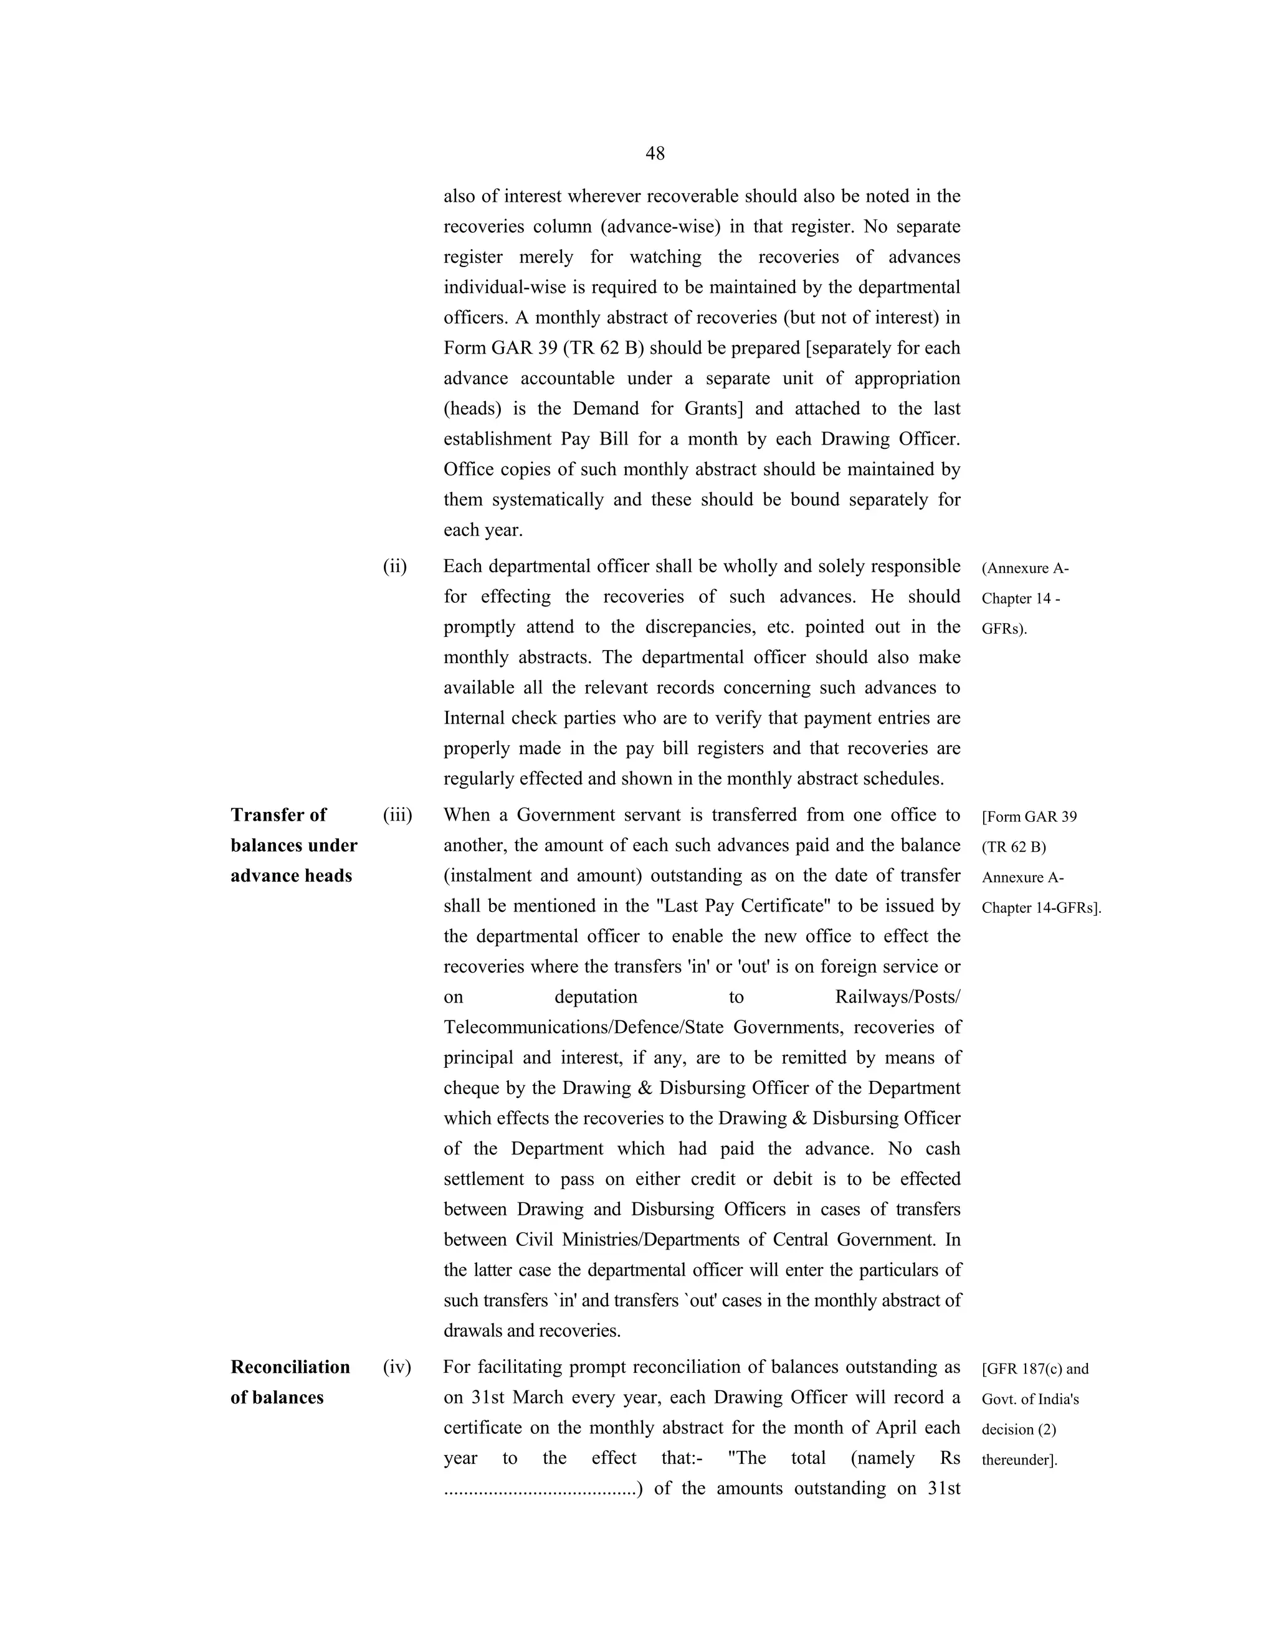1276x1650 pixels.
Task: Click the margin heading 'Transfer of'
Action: [278, 815]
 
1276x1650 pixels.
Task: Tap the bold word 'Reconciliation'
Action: [290, 1367]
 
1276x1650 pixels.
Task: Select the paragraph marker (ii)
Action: [394, 567]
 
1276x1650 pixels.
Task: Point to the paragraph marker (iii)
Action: [398, 815]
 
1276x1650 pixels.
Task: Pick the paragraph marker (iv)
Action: [397, 1367]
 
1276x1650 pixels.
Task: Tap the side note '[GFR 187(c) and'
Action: [1035, 1369]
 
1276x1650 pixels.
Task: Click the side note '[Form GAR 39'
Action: [1029, 817]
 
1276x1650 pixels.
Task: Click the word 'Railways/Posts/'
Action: [897, 997]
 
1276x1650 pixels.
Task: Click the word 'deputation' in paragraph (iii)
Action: [596, 997]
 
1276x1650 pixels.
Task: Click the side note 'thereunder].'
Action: [1019, 1460]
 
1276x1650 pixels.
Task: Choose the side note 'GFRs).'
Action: [1004, 629]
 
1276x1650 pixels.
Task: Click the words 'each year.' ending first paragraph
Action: [483, 530]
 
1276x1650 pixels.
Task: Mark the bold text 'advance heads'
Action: [291, 877]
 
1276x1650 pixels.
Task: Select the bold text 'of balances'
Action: [277, 1398]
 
